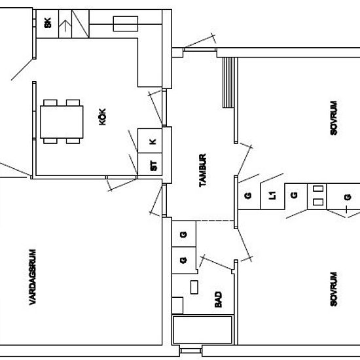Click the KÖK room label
coord(102,117)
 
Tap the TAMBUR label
coord(203,170)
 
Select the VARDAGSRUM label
coord(33,277)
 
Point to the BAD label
coord(218,299)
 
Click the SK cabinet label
coord(48,23)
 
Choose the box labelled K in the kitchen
coord(150,141)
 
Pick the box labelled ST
coord(150,164)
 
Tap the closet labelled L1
coord(272,196)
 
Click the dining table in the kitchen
coord(62,122)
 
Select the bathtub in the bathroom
coord(202,330)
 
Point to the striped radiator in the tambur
coord(228,82)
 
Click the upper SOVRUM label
coord(334,118)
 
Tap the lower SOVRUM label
coord(334,289)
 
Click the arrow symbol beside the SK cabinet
coord(65,26)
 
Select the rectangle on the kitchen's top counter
coord(126,24)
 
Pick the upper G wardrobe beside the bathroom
coord(184,234)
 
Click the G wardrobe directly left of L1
coord(249,196)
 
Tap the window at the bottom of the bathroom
coord(190,351)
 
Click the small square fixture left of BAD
coord(177,306)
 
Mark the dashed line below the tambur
coord(215,221)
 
